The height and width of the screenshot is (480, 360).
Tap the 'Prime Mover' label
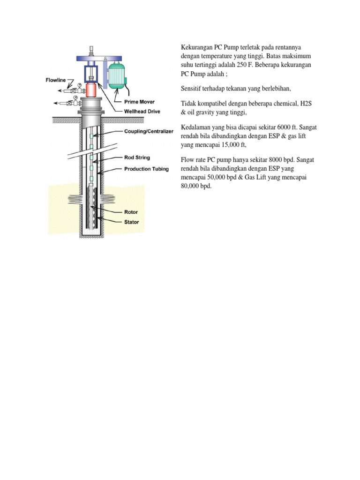pos(139,102)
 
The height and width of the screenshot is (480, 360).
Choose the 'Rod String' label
pos(137,158)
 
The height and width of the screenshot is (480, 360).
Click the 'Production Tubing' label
pos(146,168)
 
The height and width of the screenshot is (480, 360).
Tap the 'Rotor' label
pos(131,212)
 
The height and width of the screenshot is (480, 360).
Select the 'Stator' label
pos(132,222)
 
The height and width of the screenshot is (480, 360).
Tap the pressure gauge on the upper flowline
pos(80,85)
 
